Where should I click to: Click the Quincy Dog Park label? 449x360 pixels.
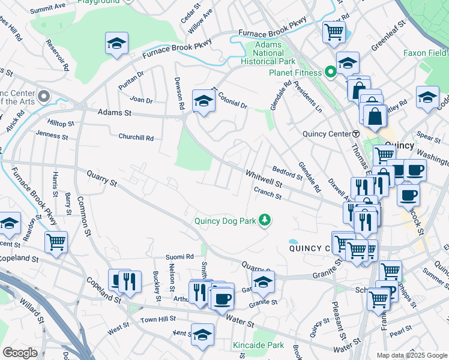tap(225, 221)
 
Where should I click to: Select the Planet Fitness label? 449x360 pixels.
tap(292, 74)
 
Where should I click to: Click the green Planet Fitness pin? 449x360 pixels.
tap(330, 73)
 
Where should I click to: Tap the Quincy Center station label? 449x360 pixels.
tap(322, 134)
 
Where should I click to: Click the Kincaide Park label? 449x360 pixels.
tap(258, 345)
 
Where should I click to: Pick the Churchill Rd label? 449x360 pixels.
tap(136, 137)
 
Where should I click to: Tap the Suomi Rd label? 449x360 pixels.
tap(180, 257)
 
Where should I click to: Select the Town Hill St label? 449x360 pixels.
tap(158, 319)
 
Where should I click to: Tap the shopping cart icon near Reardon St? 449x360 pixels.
tap(56, 242)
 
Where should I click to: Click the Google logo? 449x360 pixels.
tap(20, 353)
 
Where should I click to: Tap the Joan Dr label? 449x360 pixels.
tap(142, 100)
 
